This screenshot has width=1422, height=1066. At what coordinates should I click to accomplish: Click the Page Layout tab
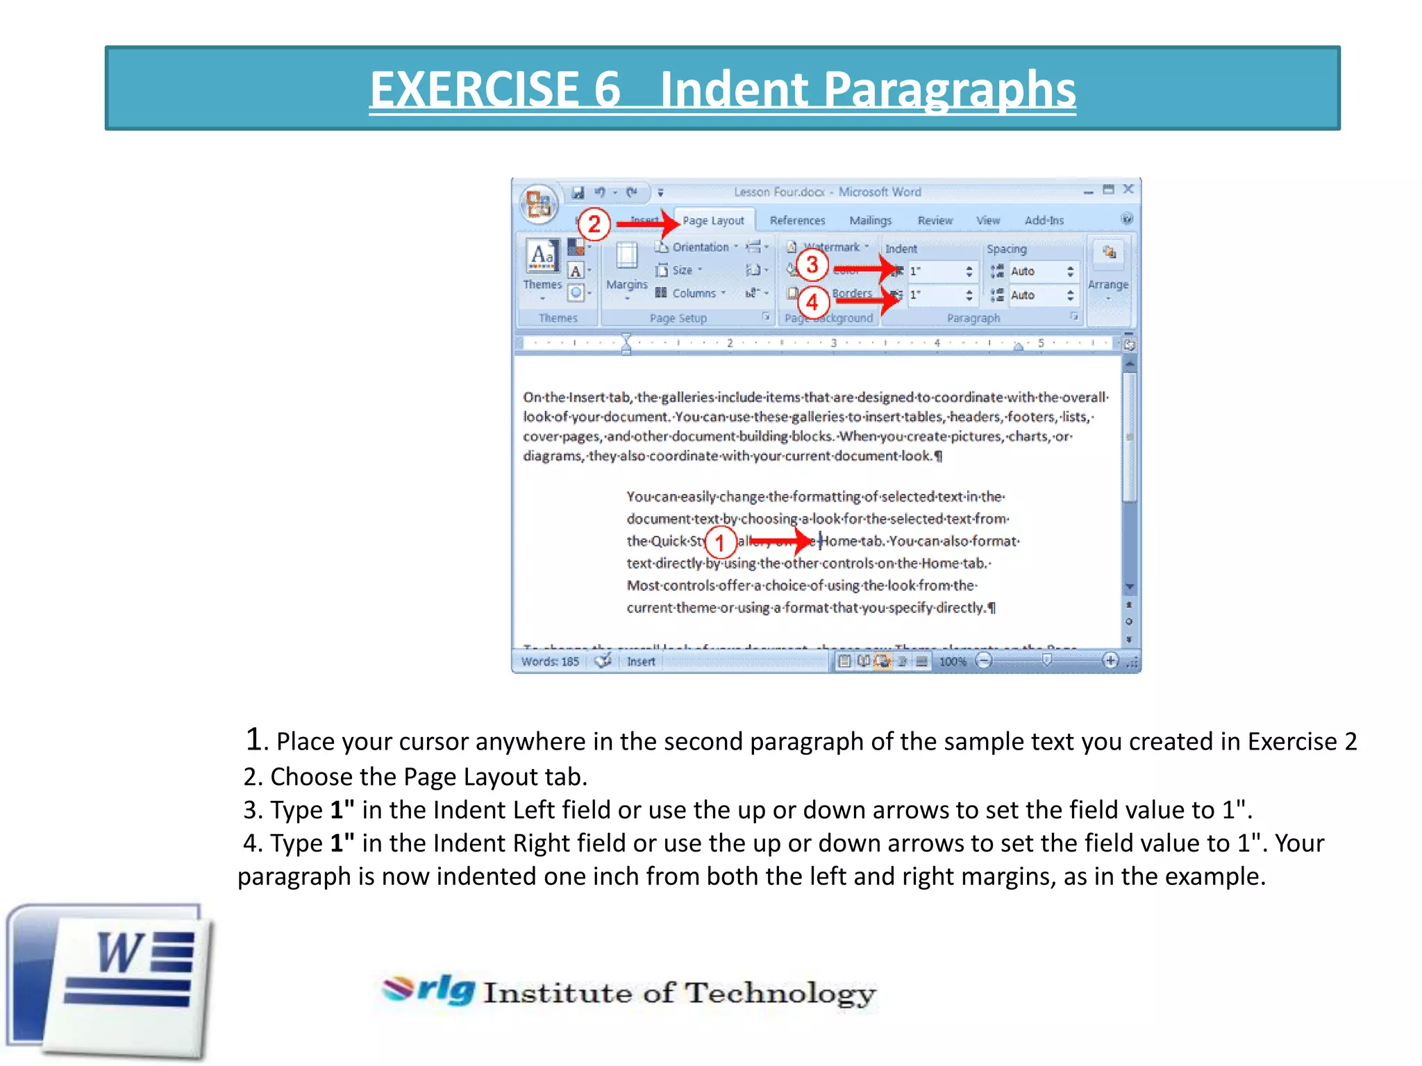point(712,221)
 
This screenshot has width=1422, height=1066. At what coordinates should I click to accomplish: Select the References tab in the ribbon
point(797,221)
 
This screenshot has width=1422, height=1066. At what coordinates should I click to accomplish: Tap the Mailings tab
point(870,221)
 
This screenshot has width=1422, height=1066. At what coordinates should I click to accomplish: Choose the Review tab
point(935,221)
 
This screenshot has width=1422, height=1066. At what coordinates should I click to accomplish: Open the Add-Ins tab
point(1044,221)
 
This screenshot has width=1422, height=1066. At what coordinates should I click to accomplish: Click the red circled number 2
point(594,224)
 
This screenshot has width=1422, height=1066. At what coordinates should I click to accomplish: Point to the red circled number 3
point(812,264)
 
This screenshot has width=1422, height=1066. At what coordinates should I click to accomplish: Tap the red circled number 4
point(812,303)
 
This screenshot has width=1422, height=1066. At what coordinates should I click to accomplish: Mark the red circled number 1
point(720,542)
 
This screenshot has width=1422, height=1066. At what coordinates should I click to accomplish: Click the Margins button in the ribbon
point(626,268)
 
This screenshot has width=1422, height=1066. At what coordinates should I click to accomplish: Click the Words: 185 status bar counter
point(550,661)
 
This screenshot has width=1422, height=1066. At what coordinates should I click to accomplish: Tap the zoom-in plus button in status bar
point(1110,661)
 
